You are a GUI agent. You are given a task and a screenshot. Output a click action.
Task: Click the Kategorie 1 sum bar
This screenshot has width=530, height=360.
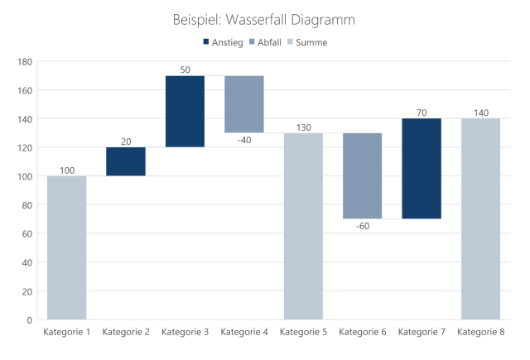(66, 247)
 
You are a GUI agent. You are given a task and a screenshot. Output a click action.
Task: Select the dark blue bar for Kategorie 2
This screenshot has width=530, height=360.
(126, 161)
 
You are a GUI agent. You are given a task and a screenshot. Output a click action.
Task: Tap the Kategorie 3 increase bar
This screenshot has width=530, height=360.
(185, 111)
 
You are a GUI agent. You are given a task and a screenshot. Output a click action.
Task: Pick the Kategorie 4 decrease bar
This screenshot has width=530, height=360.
(244, 103)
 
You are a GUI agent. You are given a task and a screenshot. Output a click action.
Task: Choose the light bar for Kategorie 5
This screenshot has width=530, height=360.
(303, 226)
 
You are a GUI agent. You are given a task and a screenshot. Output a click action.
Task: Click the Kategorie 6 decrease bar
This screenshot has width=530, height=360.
(363, 175)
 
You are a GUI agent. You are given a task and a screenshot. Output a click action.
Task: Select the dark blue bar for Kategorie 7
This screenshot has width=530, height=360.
(422, 168)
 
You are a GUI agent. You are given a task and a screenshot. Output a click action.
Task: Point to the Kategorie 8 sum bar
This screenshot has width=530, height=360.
(480, 218)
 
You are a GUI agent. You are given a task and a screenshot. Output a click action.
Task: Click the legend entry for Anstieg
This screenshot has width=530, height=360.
(223, 42)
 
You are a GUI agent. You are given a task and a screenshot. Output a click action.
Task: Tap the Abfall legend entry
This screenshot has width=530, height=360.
(267, 42)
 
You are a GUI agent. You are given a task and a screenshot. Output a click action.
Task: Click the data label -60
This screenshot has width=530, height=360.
(362, 226)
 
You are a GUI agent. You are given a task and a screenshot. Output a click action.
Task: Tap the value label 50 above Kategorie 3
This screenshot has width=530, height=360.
(185, 69)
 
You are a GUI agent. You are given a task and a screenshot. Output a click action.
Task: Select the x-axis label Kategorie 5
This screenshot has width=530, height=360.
(303, 333)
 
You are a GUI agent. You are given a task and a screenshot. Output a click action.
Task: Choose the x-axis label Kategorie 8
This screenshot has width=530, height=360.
(480, 333)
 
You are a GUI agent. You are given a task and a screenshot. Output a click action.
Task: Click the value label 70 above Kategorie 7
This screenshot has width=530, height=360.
(422, 112)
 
